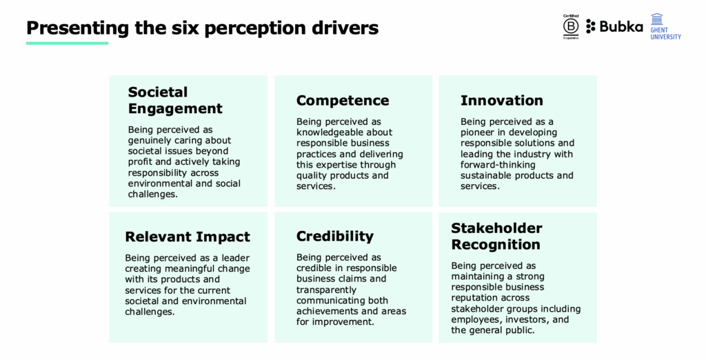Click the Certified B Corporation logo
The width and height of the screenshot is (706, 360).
pyautogui.click(x=570, y=27)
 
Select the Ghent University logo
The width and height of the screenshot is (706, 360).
pyautogui.click(x=665, y=26)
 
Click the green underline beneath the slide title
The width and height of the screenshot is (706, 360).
pyautogui.click(x=67, y=43)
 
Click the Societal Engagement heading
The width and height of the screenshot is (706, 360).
pyautogui.click(x=175, y=100)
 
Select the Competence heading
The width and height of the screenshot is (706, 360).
pyautogui.click(x=343, y=100)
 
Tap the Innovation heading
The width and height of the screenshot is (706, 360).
pyautogui.click(x=502, y=100)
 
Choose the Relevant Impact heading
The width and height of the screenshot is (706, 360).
pyautogui.click(x=188, y=237)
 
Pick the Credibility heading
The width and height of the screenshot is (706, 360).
pyautogui.click(x=335, y=237)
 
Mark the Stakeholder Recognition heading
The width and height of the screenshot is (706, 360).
pyautogui.click(x=496, y=236)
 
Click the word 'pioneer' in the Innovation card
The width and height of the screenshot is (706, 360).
pyautogui.click(x=477, y=132)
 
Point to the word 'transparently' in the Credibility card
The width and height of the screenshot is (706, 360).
pyautogui.click(x=326, y=290)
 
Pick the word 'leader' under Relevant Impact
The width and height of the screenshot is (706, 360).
pyautogui.click(x=234, y=258)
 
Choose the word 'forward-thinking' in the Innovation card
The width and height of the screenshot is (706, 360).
pyautogui.click(x=498, y=165)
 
